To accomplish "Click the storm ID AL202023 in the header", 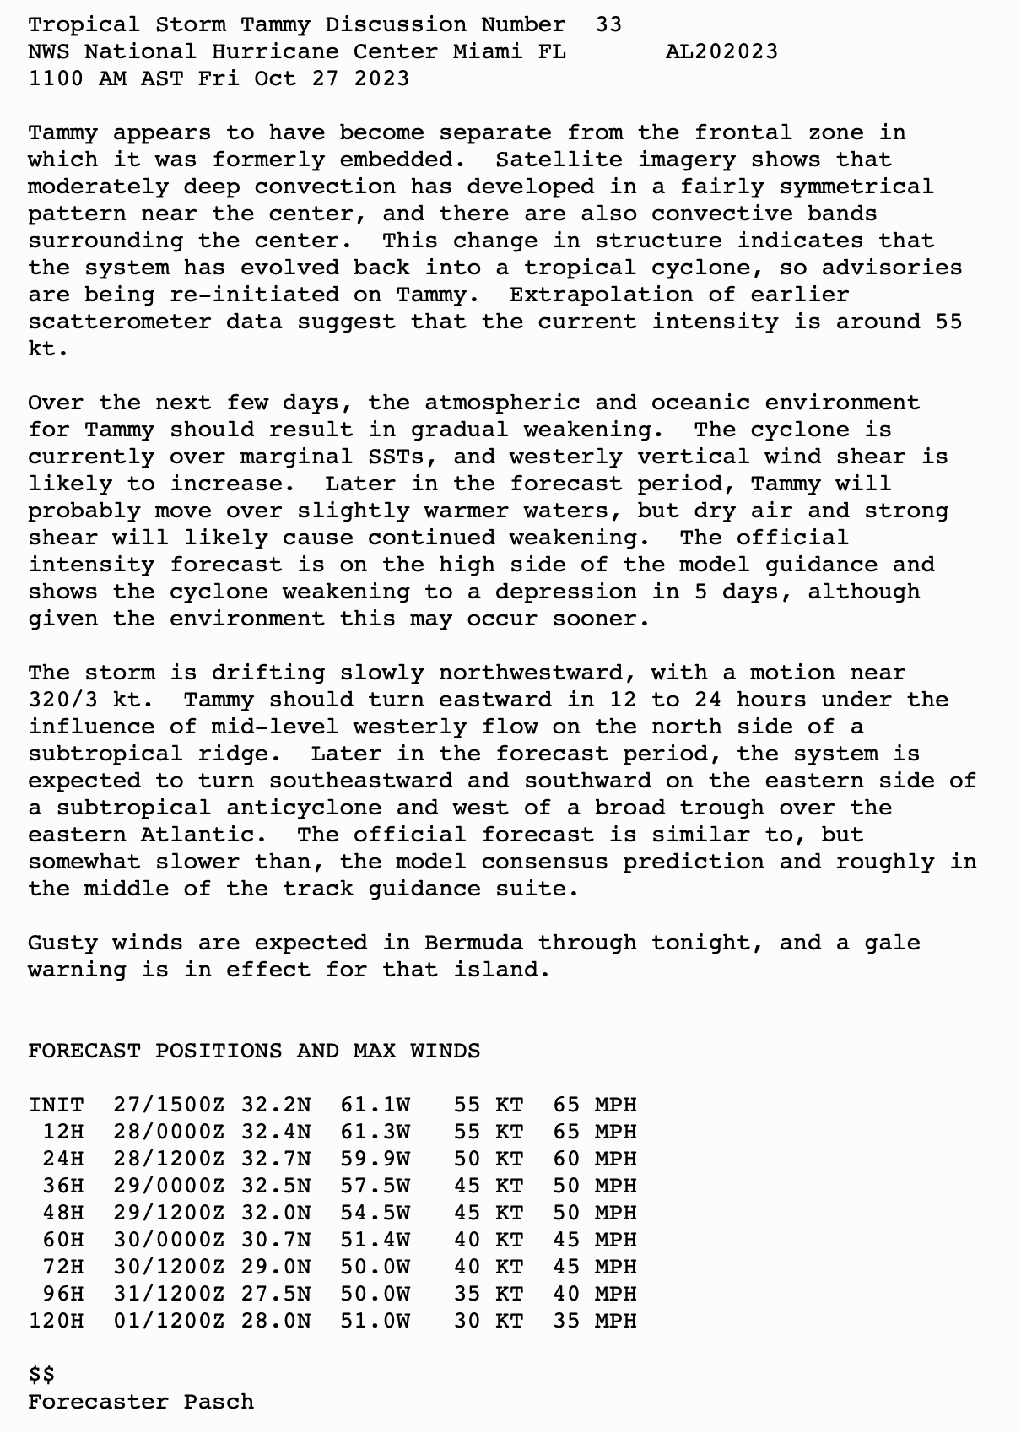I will (721, 51).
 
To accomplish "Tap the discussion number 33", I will (608, 24).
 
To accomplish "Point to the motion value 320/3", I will (70, 700).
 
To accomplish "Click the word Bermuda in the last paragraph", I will (473, 943).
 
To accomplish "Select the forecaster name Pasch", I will (219, 1402).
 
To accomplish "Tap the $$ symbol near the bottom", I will (41, 1375).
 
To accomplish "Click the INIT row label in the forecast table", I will (56, 1105).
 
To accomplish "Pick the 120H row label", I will (56, 1321).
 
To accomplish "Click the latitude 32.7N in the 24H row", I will (276, 1159).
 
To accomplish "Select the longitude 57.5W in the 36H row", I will (375, 1186).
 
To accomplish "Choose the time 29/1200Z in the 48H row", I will (169, 1213).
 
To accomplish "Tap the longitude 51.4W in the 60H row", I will (375, 1240).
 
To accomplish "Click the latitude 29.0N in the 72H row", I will (276, 1267).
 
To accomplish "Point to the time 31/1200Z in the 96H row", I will (169, 1294).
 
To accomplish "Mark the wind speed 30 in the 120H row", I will (467, 1321).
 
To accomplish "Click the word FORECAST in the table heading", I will (84, 1051).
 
